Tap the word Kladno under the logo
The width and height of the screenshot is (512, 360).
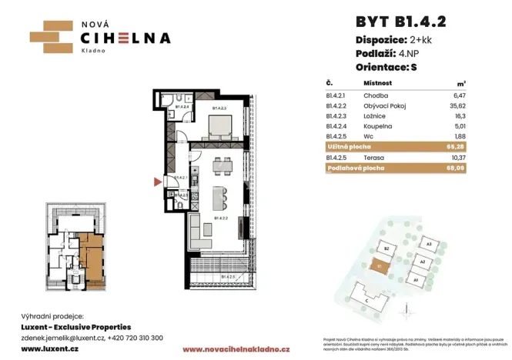point(95,51)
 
